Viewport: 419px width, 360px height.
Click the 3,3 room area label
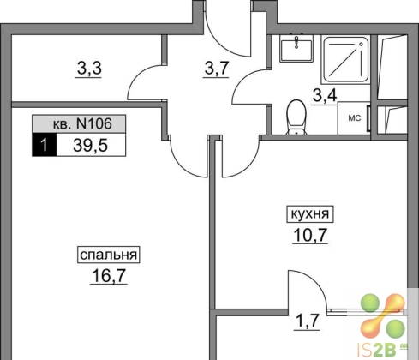(x=89, y=69)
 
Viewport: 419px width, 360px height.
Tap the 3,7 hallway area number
(x=216, y=69)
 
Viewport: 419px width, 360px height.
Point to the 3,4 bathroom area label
(x=325, y=97)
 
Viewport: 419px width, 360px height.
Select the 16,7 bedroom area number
(x=109, y=276)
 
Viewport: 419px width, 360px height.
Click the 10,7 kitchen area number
(x=310, y=236)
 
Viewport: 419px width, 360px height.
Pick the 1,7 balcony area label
(x=307, y=321)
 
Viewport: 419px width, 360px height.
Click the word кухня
(x=310, y=214)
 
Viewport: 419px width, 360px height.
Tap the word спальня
(x=109, y=255)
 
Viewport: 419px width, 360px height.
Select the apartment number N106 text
(x=94, y=124)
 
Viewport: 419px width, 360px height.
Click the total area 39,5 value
(x=90, y=146)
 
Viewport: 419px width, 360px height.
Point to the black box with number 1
(x=45, y=145)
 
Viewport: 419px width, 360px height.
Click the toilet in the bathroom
(x=296, y=117)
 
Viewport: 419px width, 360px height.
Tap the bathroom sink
(x=296, y=49)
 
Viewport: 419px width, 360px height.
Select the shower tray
(x=346, y=59)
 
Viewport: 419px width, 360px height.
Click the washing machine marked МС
(x=354, y=118)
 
